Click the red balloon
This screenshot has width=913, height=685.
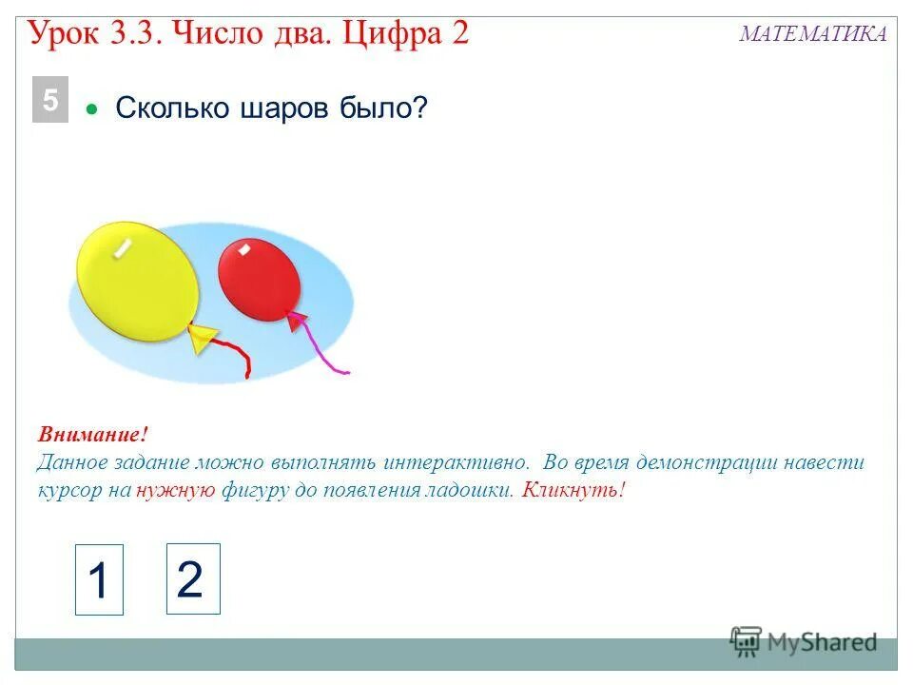[259, 279]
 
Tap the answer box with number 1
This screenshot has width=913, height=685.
[99, 579]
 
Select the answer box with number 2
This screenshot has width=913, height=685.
[193, 579]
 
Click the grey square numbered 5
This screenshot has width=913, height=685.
[50, 102]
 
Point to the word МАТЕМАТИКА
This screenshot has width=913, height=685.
[813, 34]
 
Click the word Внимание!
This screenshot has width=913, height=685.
[93, 435]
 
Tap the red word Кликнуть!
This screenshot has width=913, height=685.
[574, 490]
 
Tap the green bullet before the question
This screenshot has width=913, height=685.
[92, 109]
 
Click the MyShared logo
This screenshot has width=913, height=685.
[804, 642]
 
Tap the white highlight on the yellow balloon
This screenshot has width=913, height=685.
[123, 247]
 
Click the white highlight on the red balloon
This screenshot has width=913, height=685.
[244, 249]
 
